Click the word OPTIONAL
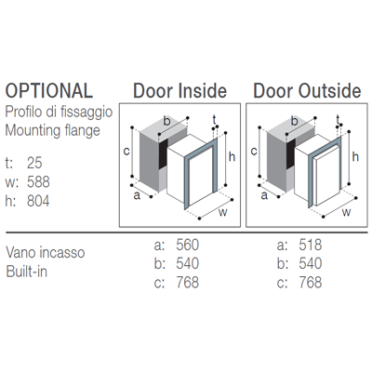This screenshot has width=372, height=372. pyautogui.click(x=49, y=91)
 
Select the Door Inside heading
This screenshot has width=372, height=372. pyautogui.click(x=180, y=91)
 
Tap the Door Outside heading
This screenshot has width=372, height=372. pyautogui.click(x=307, y=91)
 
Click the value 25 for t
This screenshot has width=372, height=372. pyautogui.click(x=34, y=163)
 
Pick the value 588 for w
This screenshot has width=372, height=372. pyautogui.click(x=38, y=182)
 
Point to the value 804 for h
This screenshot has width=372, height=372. pyautogui.click(x=38, y=201)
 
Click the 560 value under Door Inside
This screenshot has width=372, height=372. pyautogui.click(x=188, y=245)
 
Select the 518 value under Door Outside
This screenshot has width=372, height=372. pyautogui.click(x=311, y=245)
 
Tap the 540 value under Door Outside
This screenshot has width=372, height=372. pyautogui.click(x=311, y=263)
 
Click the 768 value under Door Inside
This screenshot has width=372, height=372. pyautogui.click(x=188, y=283)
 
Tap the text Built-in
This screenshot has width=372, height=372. pyautogui.click(x=27, y=272)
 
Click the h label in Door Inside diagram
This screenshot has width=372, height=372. pyautogui.click(x=232, y=157)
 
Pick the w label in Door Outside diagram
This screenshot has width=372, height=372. pyautogui.click(x=346, y=213)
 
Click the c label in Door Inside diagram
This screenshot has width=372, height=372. pyautogui.click(x=126, y=152)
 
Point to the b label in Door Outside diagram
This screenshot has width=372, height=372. pyautogui.click(x=294, y=121)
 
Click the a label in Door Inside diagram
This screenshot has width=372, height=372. pyautogui.click(x=137, y=196)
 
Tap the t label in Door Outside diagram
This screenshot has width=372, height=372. pyautogui.click(x=338, y=119)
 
